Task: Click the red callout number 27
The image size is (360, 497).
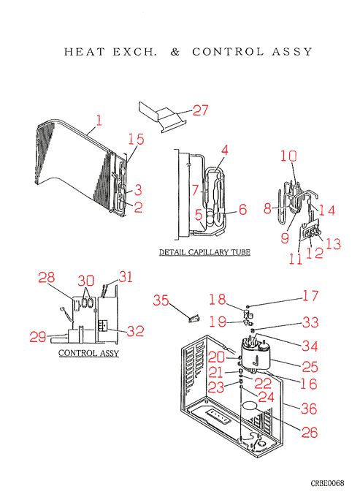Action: (201, 110)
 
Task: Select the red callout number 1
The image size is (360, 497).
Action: (99, 121)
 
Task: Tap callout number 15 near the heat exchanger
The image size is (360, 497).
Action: (136, 139)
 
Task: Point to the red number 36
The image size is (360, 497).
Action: (309, 409)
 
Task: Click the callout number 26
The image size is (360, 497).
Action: (310, 433)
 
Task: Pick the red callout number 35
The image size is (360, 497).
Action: (161, 300)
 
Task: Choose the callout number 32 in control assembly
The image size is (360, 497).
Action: (136, 331)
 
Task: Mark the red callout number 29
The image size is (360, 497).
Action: (38, 337)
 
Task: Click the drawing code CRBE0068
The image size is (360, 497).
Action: (327, 483)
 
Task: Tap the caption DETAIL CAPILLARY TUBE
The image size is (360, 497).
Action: (204, 252)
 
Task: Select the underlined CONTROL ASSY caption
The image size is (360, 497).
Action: (88, 353)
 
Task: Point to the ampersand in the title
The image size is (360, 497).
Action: (175, 52)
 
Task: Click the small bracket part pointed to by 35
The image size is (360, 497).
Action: (194, 319)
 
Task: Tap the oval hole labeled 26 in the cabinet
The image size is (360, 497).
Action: (250, 406)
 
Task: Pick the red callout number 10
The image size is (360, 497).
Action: (288, 156)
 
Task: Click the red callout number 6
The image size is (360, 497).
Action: (243, 210)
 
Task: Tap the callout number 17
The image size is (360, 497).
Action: (310, 296)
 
